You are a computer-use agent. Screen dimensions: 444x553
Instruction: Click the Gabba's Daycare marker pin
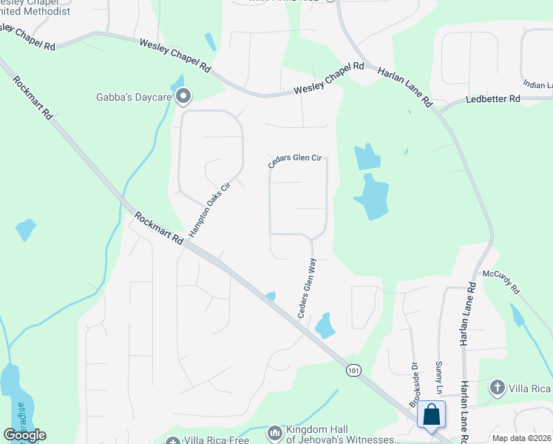pyautogui.click(x=183, y=96)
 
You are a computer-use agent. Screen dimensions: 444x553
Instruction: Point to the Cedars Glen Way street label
pyautogui.click(x=308, y=289)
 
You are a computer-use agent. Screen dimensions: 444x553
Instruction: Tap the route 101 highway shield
pyautogui.click(x=353, y=368)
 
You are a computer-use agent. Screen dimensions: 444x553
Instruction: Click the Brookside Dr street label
pyautogui.click(x=415, y=384)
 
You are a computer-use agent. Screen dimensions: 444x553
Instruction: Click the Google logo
pyautogui.click(x=24, y=435)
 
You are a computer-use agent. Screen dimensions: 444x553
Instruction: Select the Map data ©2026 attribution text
pyautogui.click(x=521, y=438)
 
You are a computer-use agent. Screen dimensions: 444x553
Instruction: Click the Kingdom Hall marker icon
pyautogui.click(x=274, y=431)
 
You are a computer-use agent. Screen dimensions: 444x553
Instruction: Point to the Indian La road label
pyautogui.click(x=537, y=85)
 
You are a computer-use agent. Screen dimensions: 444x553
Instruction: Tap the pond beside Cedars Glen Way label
pyautogui.click(x=325, y=326)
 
